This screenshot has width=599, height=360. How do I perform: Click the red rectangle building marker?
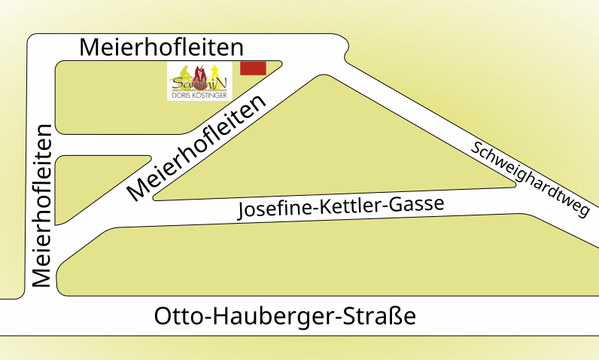(253, 68)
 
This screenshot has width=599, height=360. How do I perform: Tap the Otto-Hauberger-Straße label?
(284, 316)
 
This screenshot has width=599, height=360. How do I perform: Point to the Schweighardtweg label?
(529, 178)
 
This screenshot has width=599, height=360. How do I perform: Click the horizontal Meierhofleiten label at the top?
(162, 47)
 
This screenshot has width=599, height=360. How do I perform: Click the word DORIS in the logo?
(181, 95)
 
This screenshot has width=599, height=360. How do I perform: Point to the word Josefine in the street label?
(269, 210)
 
